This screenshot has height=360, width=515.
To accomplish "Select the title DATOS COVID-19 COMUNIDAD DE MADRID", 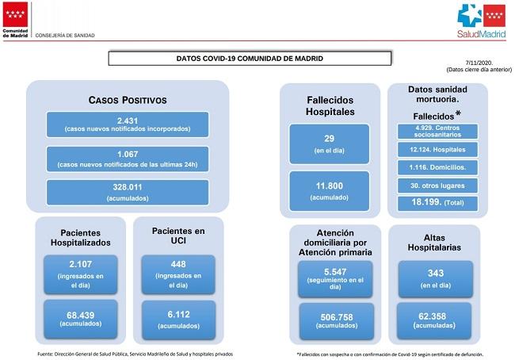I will [x=250, y=58].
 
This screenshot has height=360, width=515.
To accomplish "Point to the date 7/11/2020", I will [x=481, y=63].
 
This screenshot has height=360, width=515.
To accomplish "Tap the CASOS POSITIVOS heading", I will [x=128, y=101].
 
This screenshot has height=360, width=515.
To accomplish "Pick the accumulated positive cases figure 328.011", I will [x=128, y=188].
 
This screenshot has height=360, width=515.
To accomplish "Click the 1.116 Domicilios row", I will [x=438, y=167].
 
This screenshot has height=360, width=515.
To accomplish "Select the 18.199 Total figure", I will [x=438, y=202].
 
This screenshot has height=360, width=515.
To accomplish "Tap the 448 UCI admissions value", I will [x=177, y=265].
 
